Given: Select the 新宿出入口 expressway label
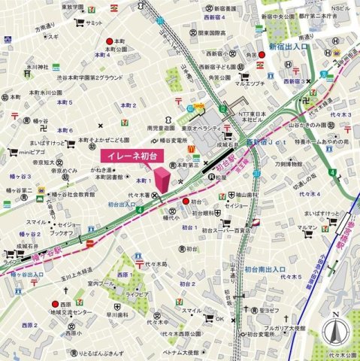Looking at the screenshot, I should [292, 47].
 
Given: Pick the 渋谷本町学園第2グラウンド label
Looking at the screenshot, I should [86, 77].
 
